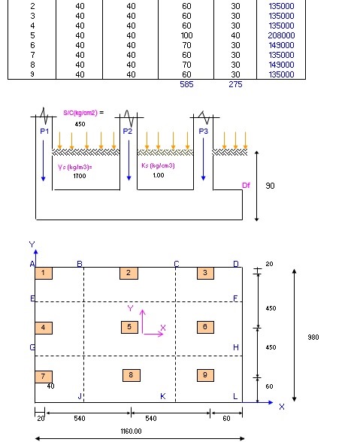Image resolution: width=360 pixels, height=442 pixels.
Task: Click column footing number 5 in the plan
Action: [130, 327]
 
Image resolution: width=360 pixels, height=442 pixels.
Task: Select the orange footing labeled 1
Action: [44, 273]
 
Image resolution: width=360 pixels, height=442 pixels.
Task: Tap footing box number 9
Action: [205, 375]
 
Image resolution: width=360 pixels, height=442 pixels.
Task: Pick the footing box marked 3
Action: [205, 273]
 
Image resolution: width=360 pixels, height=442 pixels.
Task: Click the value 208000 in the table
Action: [281, 35]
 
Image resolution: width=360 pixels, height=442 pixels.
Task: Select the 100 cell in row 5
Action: [186, 35]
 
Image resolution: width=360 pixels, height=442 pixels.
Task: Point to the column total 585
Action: [186, 84]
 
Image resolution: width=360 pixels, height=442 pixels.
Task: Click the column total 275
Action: [235, 84]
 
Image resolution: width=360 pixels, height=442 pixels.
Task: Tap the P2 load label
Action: [128, 132]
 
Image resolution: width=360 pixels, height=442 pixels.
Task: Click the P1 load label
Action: [44, 132]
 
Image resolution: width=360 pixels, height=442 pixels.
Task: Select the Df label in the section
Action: [246, 185]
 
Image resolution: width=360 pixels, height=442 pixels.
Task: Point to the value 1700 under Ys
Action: [80, 176]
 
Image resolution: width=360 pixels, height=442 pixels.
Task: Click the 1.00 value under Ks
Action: [159, 175]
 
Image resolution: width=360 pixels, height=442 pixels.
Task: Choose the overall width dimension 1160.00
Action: [131, 431]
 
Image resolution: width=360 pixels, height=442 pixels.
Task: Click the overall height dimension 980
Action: [313, 337]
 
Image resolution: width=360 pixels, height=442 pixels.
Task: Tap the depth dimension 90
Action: [270, 186]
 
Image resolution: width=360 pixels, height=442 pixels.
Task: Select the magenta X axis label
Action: [163, 328]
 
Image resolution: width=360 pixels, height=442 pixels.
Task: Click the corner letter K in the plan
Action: [162, 396]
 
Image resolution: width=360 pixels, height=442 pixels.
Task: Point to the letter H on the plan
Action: [236, 347]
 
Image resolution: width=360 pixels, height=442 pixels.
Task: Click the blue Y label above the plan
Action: [32, 244]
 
